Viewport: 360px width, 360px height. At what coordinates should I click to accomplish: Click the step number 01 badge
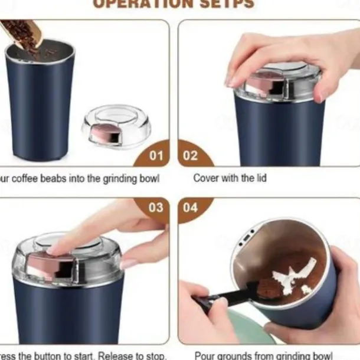[x=155, y=156]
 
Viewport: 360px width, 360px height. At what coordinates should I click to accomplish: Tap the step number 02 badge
[x=191, y=156]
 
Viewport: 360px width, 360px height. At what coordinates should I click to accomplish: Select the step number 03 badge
[x=155, y=208]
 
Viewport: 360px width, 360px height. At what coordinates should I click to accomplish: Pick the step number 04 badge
[x=191, y=208]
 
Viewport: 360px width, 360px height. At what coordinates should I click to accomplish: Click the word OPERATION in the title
[x=136, y=4]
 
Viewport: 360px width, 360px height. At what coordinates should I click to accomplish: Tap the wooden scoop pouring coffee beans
[x=18, y=32]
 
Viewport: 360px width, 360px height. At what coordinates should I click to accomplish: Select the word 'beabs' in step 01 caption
[x=67, y=178]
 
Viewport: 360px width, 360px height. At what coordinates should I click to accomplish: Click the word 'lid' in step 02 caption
[x=259, y=178]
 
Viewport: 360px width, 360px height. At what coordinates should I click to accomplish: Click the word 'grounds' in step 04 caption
[x=234, y=355]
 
